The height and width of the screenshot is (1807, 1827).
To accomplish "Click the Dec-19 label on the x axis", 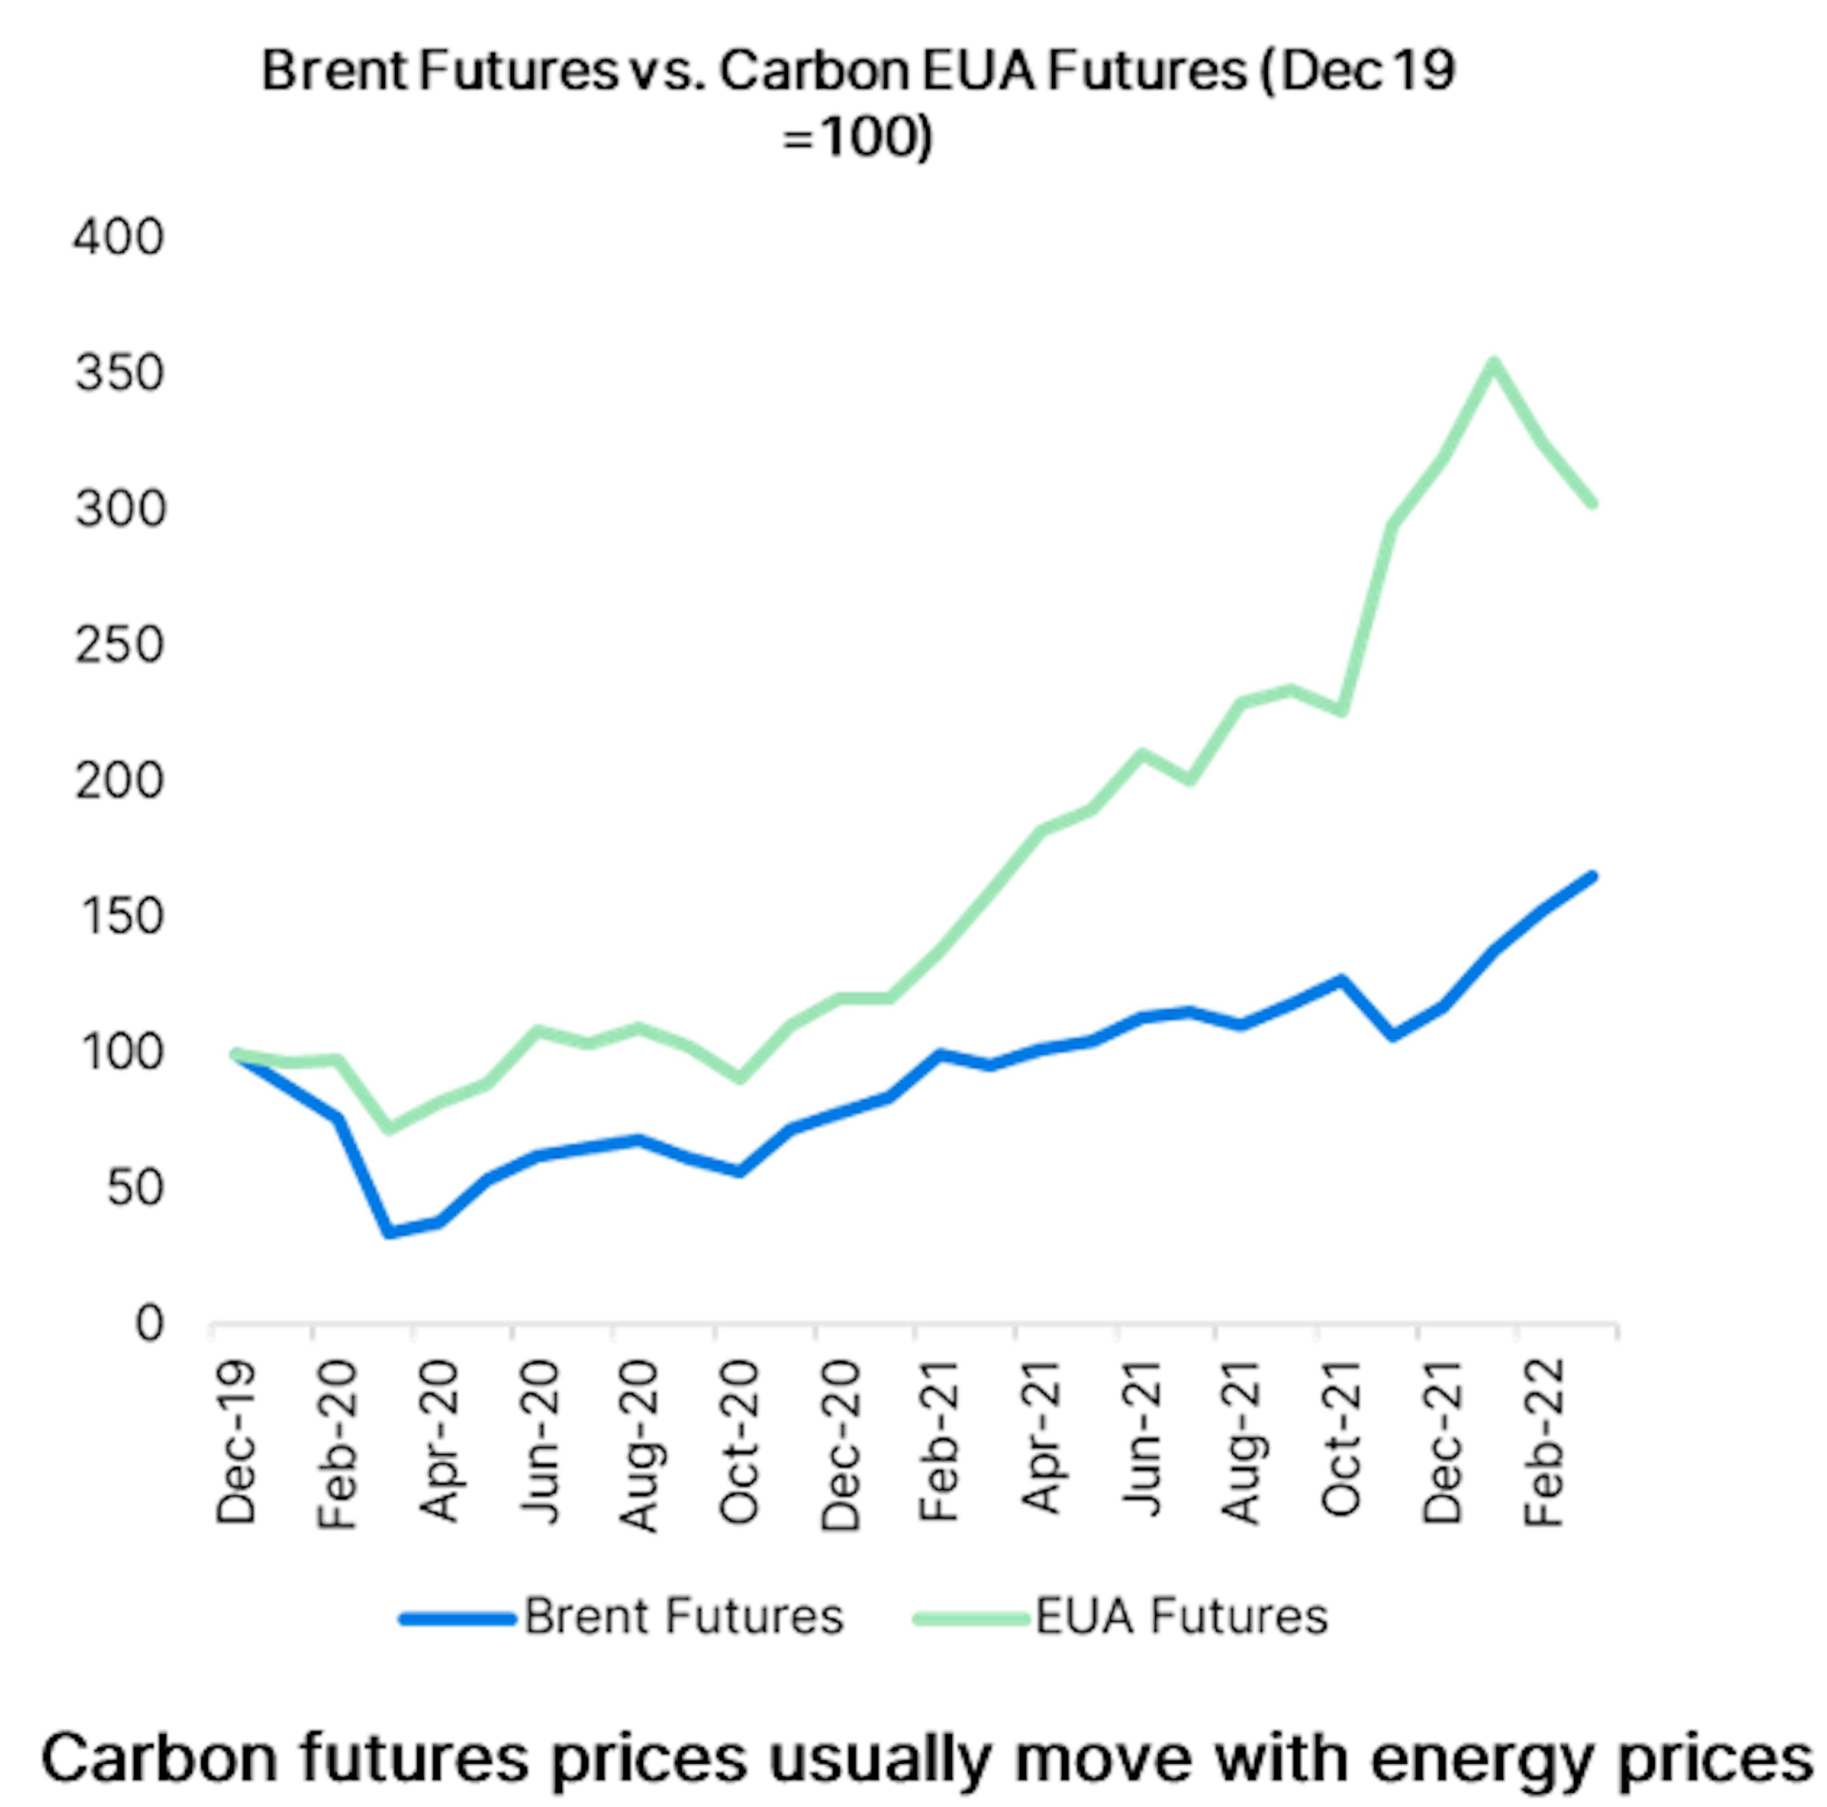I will (236, 1442).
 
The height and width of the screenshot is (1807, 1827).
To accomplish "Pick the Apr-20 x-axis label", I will (439, 1442).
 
